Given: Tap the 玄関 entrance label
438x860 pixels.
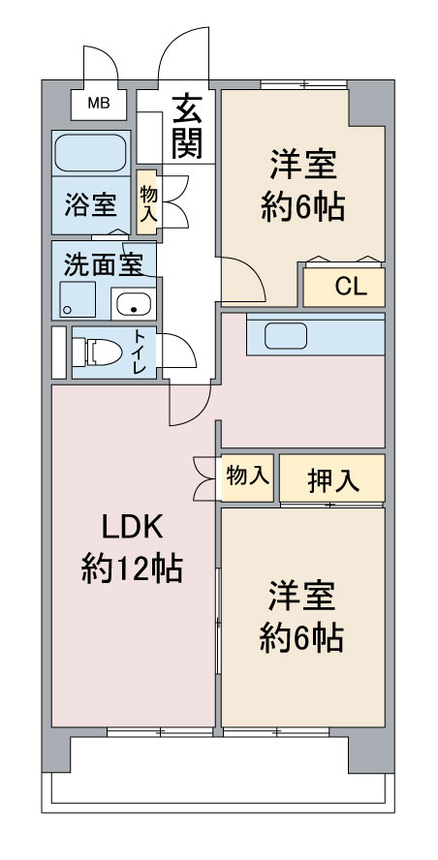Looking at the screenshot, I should click(187, 127).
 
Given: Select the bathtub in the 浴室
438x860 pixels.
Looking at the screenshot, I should click(90, 153).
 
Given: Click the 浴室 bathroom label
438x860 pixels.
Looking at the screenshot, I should click(91, 205).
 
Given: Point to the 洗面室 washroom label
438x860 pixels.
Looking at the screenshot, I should click(104, 264).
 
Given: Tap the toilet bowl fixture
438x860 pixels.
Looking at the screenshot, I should click(95, 351).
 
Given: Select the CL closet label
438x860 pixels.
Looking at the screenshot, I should click(345, 287).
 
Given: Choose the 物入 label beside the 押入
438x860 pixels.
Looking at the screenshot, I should click(247, 476).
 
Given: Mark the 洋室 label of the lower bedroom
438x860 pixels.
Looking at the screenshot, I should click(302, 595).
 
